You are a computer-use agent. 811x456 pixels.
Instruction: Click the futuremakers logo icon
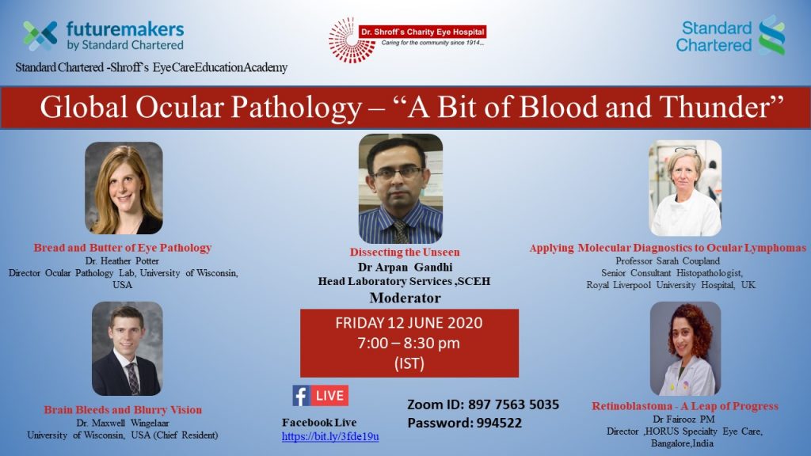coord(40,35)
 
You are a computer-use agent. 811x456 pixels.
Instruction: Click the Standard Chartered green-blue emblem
coord(772,35)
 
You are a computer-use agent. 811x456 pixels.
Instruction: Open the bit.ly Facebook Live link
coord(330,436)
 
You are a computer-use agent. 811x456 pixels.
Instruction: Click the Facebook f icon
coord(300,396)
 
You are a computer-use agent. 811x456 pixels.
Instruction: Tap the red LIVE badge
coord(329,396)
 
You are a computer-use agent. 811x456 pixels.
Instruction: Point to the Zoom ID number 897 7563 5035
coord(513,405)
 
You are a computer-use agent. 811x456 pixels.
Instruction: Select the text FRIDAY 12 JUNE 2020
coord(409,323)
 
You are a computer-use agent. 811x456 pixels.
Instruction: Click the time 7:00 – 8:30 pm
coord(409,344)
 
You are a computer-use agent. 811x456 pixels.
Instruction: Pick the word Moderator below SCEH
coord(405,298)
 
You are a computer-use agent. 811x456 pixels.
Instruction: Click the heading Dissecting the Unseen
coord(405,253)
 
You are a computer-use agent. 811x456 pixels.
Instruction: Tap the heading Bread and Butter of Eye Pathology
coord(123,248)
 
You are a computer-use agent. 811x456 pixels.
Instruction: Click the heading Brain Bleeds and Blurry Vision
coord(123,410)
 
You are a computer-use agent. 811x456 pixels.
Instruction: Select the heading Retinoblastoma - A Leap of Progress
coord(685,406)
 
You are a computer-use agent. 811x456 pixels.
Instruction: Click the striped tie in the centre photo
coord(401,231)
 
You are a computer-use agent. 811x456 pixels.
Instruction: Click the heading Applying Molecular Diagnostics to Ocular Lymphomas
coord(668,248)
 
